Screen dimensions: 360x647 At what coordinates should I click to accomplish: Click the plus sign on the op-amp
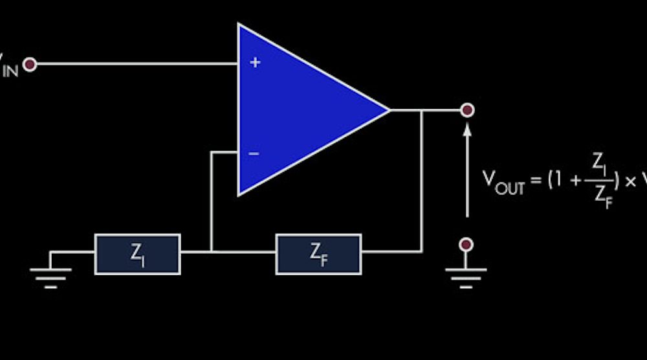(255, 63)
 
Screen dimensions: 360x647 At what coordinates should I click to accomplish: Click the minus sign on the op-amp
(254, 153)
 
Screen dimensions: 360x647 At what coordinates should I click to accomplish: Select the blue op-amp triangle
(298, 110)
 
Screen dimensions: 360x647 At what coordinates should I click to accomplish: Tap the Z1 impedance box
(137, 254)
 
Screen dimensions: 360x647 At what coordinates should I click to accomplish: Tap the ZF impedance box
(318, 254)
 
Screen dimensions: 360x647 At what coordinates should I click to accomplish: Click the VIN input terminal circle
(30, 64)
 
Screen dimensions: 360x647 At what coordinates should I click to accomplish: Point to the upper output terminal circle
(466, 110)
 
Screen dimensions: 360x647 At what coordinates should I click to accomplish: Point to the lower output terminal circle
(466, 245)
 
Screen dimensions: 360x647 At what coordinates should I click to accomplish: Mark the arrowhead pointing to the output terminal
(466, 129)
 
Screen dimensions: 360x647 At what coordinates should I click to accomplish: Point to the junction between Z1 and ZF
(212, 251)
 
